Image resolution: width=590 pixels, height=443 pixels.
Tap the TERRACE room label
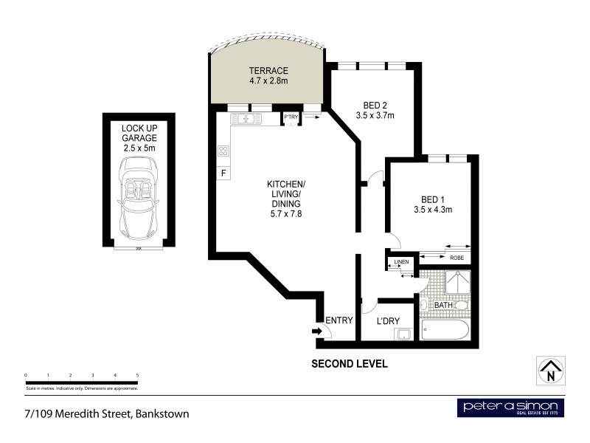pyautogui.click(x=267, y=72)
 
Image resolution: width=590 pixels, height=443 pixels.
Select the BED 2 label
pyautogui.click(x=375, y=104)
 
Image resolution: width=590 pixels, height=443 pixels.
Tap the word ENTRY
pyautogui.click(x=340, y=320)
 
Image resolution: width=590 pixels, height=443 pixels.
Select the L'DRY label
pyautogui.click(x=388, y=320)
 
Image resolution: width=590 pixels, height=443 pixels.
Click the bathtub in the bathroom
pyautogui.click(x=445, y=329)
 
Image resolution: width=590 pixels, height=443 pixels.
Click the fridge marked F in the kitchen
pyautogui.click(x=223, y=174)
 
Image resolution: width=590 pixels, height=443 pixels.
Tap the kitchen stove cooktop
pyautogui.click(x=223, y=151)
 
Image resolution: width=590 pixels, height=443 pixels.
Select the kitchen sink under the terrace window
pyautogui.click(x=244, y=119)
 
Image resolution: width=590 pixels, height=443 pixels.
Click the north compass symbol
pyautogui.click(x=549, y=369)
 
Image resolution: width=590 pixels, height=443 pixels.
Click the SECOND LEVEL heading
pyautogui.click(x=349, y=364)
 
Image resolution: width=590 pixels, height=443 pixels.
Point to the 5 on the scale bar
pyautogui.click(x=138, y=377)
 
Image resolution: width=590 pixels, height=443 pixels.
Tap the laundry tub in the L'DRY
pyautogui.click(x=403, y=334)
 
